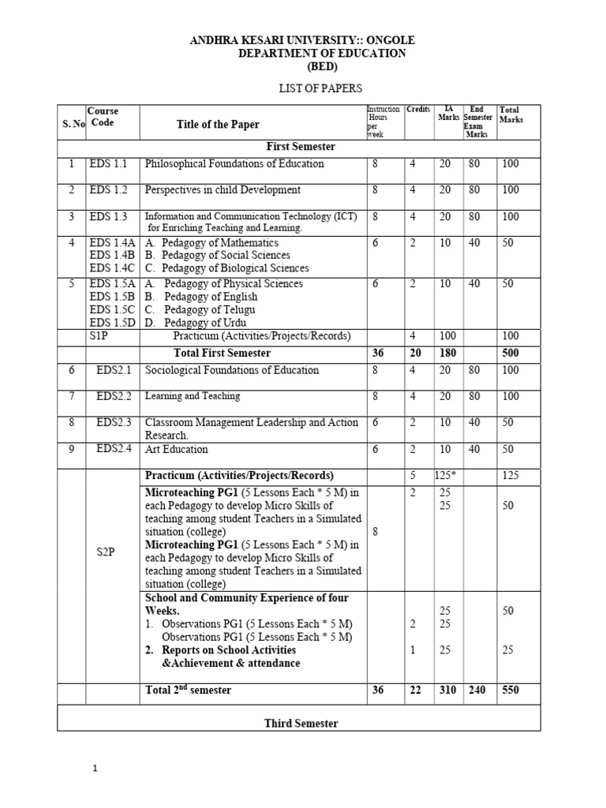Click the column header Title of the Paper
tap(218, 125)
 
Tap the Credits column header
tap(418, 110)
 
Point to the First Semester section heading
tap(300, 147)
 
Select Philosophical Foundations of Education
tap(234, 164)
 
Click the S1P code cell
tap(100, 336)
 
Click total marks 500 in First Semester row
tap(511, 353)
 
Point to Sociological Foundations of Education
tap(232, 370)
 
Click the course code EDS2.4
tap(114, 449)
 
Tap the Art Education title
tap(176, 449)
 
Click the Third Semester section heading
tap(301, 724)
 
